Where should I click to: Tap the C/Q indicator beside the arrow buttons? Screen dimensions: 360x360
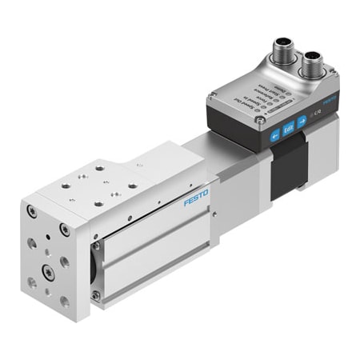317,117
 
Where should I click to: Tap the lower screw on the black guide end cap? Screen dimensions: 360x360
97,294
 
